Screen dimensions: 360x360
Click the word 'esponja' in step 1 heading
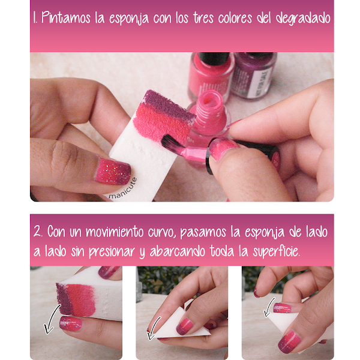(x=129, y=19)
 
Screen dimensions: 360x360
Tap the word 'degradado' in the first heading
(x=303, y=17)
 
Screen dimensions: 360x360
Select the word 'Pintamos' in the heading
(x=66, y=17)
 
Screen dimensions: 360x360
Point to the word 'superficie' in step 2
(x=276, y=251)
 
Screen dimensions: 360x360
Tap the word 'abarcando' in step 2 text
(x=177, y=251)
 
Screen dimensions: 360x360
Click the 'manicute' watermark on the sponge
(x=122, y=189)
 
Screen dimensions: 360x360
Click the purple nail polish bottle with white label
(x=254, y=74)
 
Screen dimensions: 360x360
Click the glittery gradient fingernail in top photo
(x=113, y=171)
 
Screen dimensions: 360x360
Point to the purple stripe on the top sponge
(x=169, y=104)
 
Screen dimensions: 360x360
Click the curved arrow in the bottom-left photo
(x=52, y=319)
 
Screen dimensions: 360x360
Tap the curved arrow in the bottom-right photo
(x=269, y=307)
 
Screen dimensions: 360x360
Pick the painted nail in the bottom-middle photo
(x=184, y=326)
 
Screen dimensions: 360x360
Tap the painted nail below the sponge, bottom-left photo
(x=71, y=323)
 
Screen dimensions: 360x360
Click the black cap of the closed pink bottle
(x=214, y=58)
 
